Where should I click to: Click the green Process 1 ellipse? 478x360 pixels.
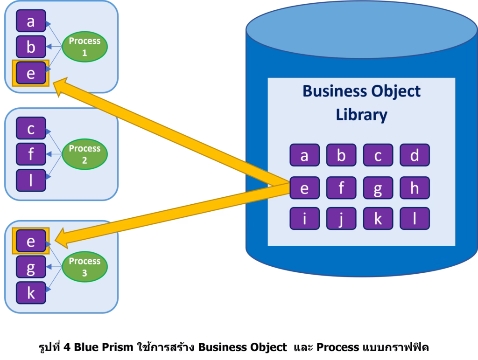pos(84,47)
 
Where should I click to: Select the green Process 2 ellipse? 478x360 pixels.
pos(84,154)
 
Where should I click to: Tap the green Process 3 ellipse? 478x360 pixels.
pos(84,267)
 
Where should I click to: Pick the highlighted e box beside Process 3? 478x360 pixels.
pos(31,242)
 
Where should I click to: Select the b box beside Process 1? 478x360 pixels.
pos(31,47)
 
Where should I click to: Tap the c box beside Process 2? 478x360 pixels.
pos(31,128)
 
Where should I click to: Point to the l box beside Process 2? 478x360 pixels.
pos(31,180)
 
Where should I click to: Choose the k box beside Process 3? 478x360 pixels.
pos(31,293)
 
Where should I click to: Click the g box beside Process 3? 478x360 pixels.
pos(31,267)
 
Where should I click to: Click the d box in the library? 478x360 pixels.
pos(415,155)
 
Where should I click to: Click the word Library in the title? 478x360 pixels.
pos(361,114)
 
